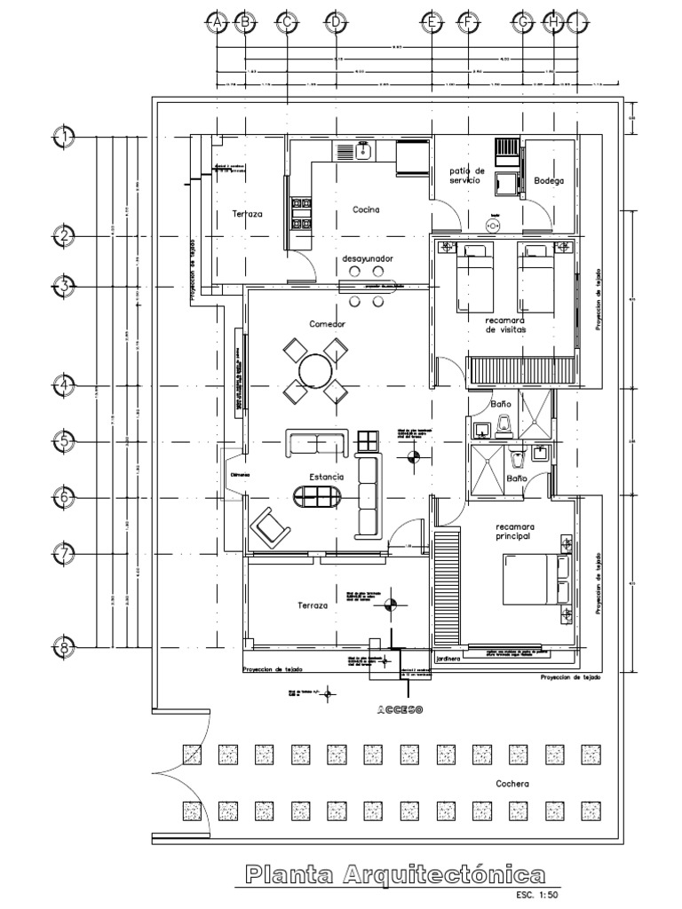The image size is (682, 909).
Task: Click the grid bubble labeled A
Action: [x=215, y=23]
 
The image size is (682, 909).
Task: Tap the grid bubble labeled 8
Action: [x=65, y=649]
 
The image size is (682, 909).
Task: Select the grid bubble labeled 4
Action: [x=65, y=386]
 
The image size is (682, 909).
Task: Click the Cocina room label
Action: [x=366, y=210]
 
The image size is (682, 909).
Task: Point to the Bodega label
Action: [x=549, y=181]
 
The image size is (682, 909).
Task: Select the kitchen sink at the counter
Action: [x=362, y=151]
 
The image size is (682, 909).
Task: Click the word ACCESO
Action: [x=399, y=711]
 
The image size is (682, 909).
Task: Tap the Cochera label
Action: [x=512, y=784]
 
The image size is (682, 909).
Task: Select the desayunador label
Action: [x=368, y=257]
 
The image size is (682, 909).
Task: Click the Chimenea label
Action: [x=241, y=475]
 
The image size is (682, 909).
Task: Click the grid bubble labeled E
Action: [x=432, y=23]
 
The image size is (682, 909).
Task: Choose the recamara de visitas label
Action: [x=505, y=324]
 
